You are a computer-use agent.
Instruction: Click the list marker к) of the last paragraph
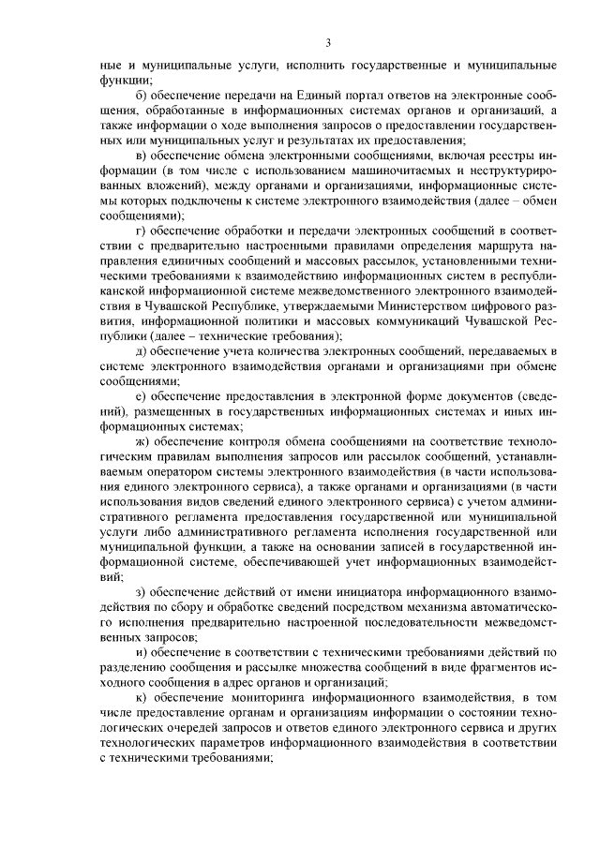141,698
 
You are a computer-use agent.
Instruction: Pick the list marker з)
141,591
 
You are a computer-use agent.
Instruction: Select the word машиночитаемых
384,175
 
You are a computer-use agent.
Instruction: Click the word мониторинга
269,698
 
